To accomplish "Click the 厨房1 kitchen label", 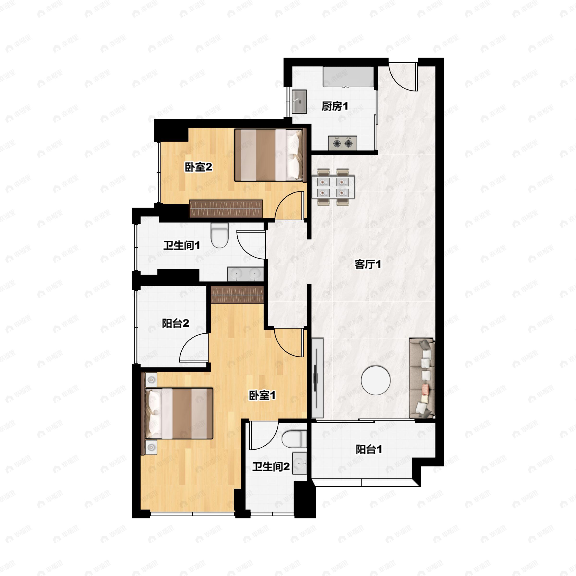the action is pyautogui.click(x=335, y=106).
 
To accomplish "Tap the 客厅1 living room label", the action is pyautogui.click(x=368, y=264).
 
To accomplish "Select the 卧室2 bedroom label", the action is pyautogui.click(x=198, y=167).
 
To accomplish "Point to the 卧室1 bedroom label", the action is pyautogui.click(x=262, y=396).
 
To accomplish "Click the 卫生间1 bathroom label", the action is pyautogui.click(x=182, y=246).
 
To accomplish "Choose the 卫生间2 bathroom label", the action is pyautogui.click(x=271, y=467).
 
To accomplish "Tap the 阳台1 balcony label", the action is pyautogui.click(x=369, y=450).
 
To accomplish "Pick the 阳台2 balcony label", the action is pyautogui.click(x=176, y=324).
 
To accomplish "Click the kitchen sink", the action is pyautogui.click(x=299, y=101).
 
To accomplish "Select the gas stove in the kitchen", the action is pyautogui.click(x=342, y=143).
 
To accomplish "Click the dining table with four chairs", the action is pyautogui.click(x=333, y=187).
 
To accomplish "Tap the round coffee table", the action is pyautogui.click(x=376, y=380).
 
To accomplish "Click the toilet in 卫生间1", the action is pyautogui.click(x=219, y=235).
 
